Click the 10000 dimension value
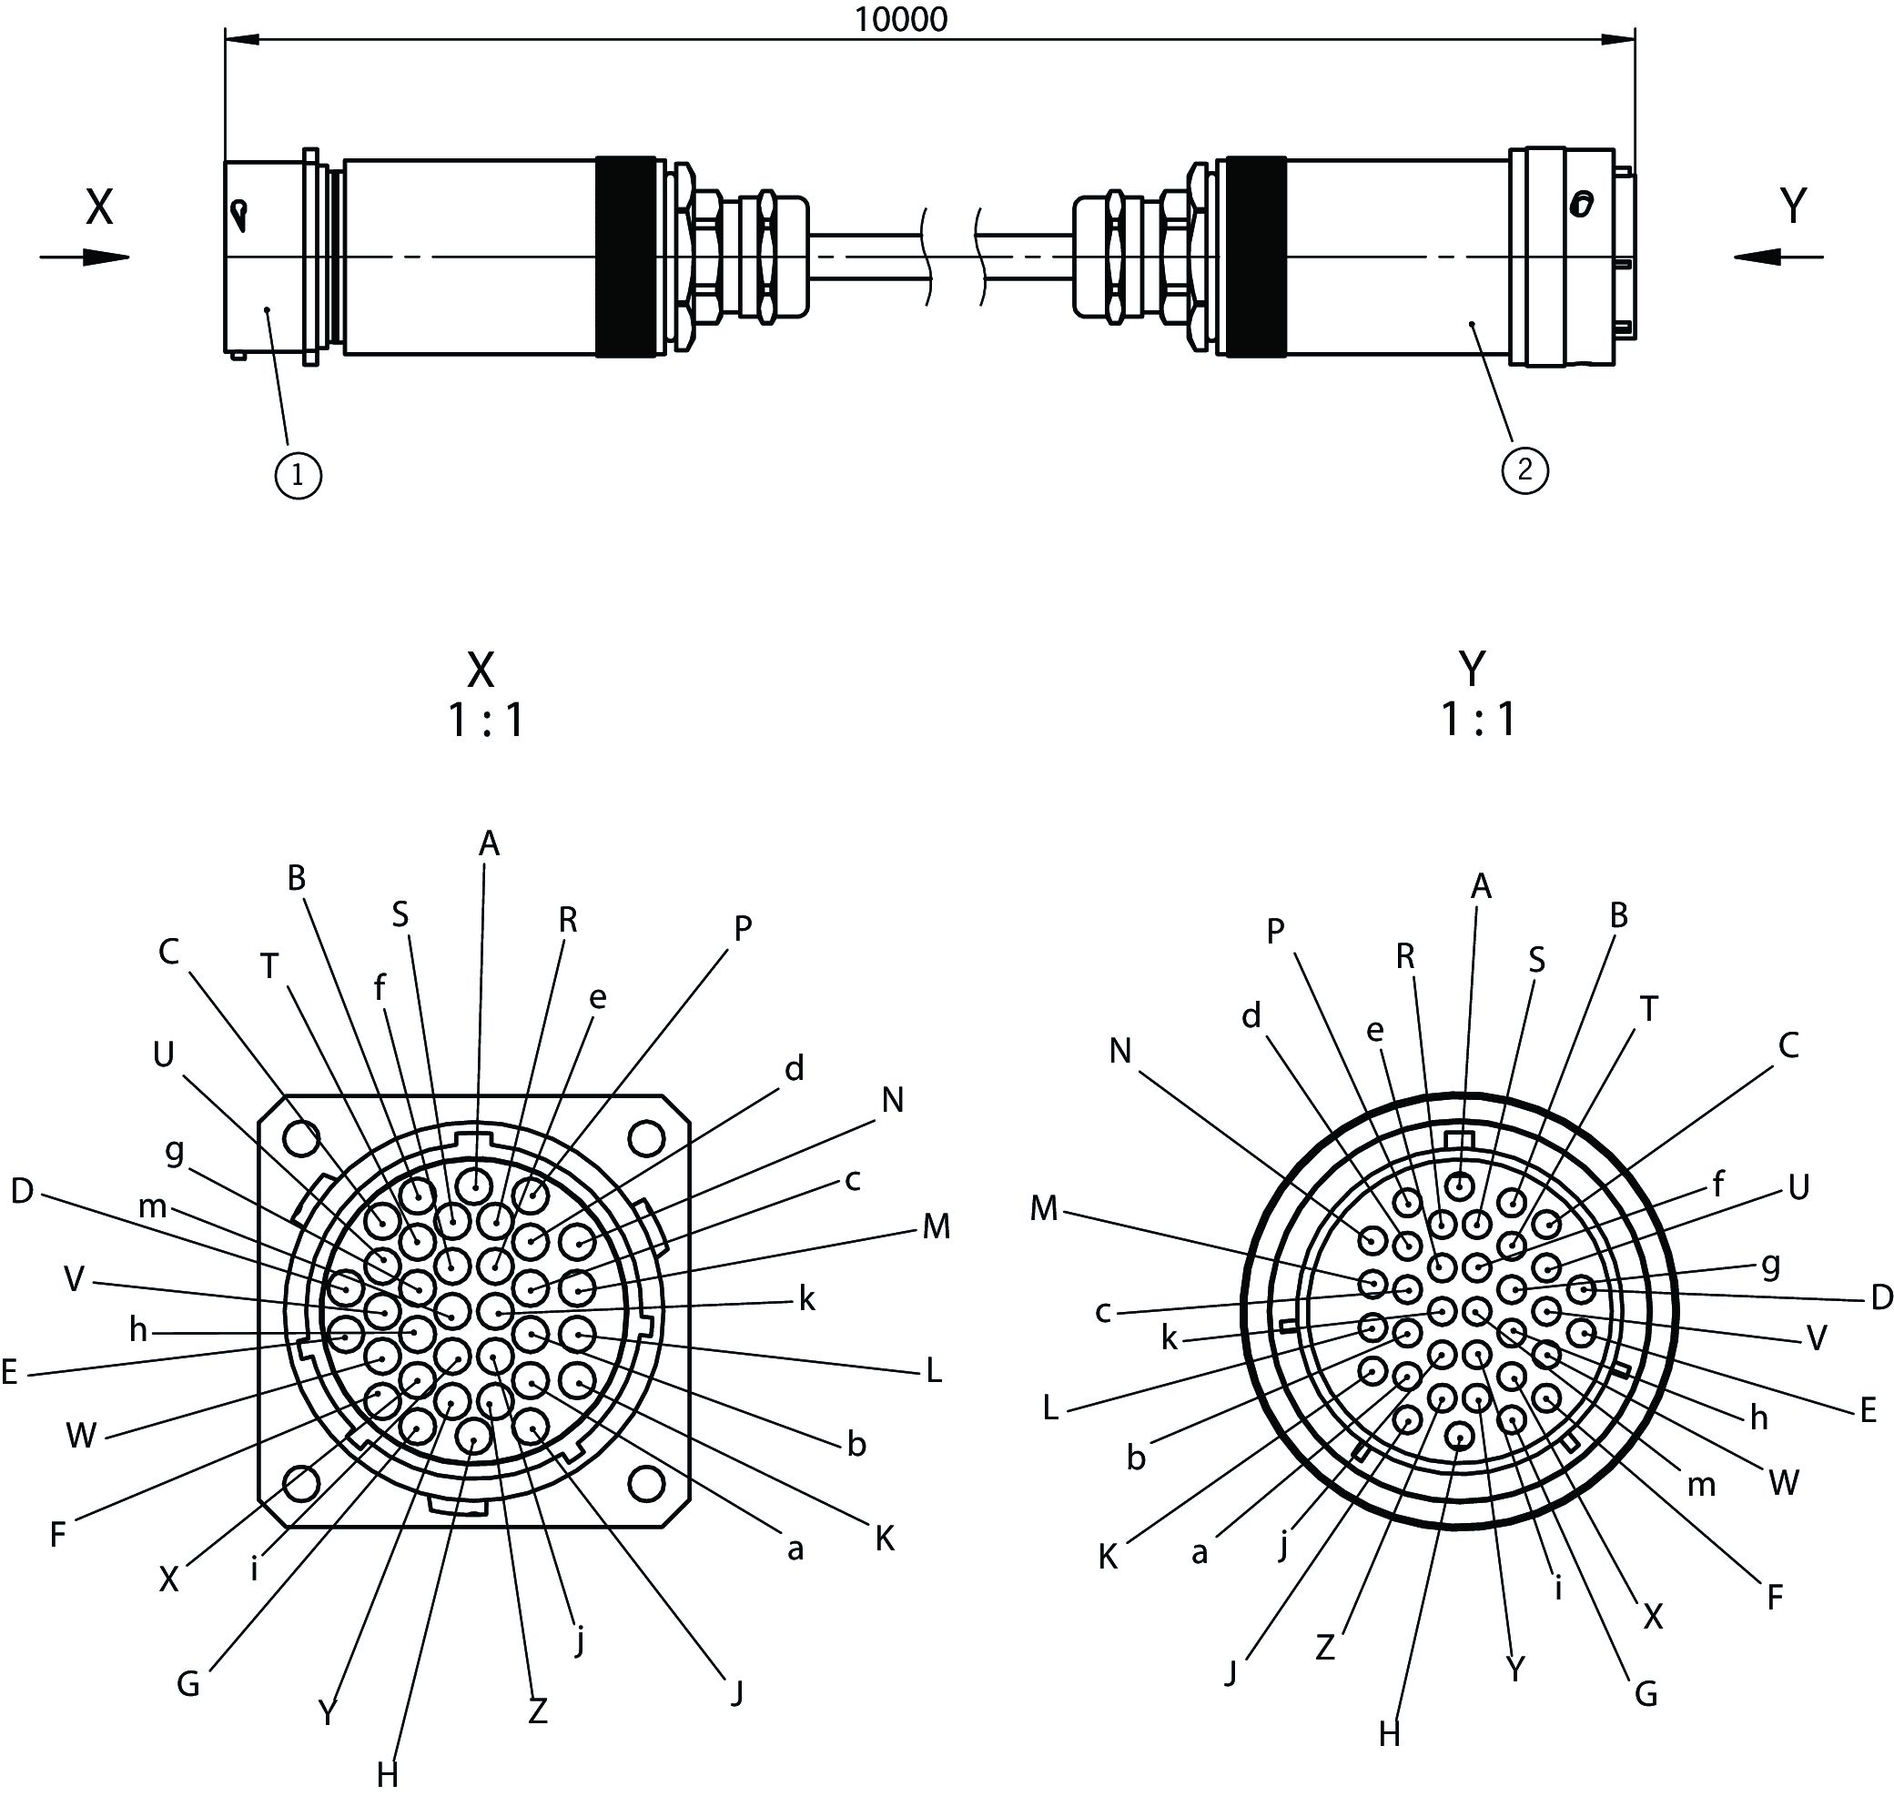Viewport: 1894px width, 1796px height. click(900, 19)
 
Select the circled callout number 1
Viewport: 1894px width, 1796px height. click(298, 475)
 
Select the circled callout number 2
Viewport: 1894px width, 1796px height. click(1525, 470)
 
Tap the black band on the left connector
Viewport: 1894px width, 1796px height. click(626, 257)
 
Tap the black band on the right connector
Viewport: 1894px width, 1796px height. click(1256, 257)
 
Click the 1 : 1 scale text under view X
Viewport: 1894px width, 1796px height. click(486, 721)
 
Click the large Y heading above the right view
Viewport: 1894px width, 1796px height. click(1472, 670)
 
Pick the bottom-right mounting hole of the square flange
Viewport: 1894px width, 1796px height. click(646, 1485)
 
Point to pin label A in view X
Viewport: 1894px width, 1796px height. click(490, 843)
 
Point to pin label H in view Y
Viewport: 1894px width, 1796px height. click(1390, 1734)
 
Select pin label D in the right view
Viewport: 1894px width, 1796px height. click(1881, 1298)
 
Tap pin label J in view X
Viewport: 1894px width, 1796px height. click(735, 1692)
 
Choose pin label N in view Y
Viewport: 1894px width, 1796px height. click(1120, 1051)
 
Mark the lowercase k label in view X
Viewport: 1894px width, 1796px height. click(806, 1299)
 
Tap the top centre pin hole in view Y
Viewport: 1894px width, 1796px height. click(1459, 1187)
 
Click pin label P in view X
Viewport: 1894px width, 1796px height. click(742, 927)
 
